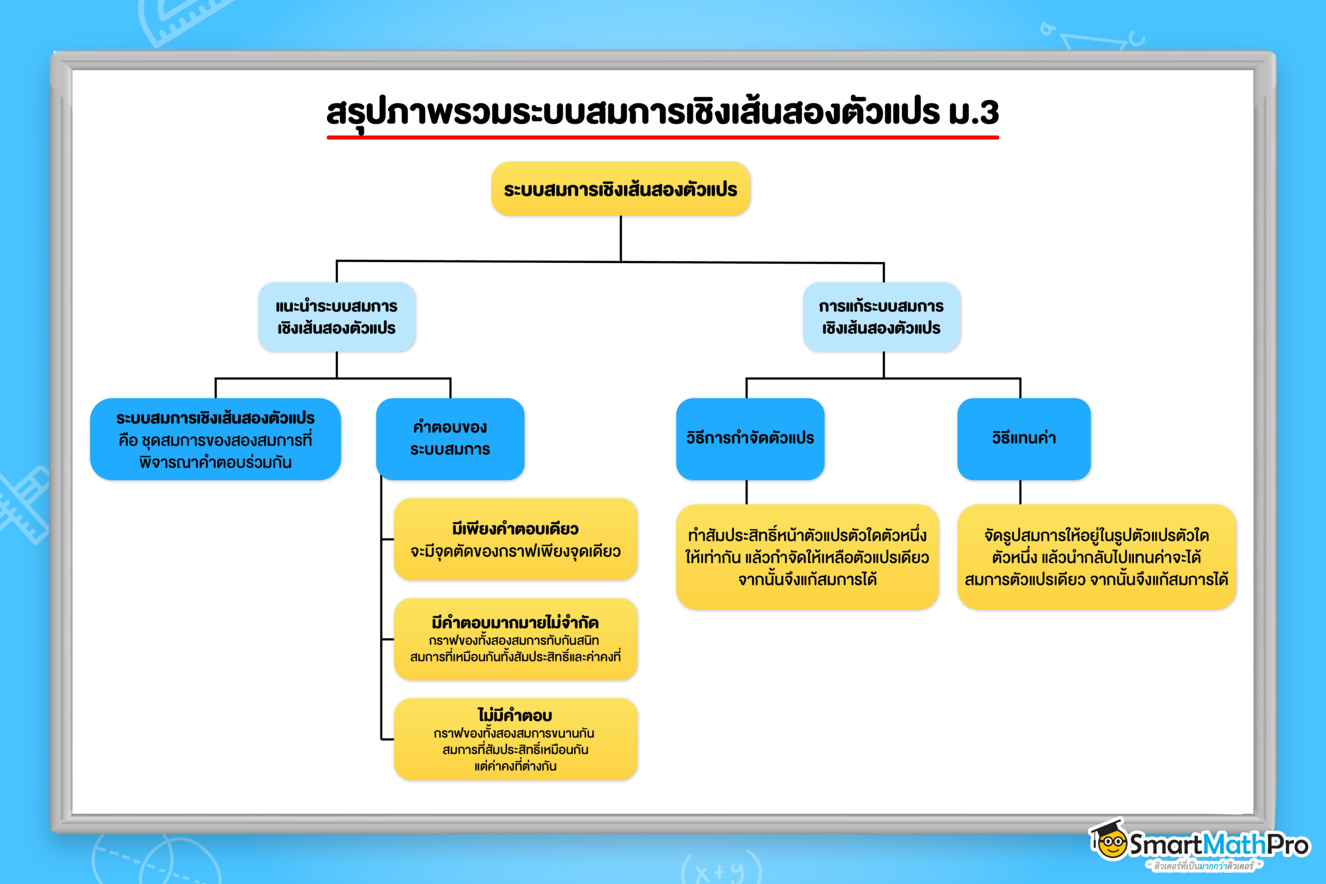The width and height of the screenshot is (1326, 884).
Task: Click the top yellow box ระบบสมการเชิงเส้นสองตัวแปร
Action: pyautogui.click(x=621, y=189)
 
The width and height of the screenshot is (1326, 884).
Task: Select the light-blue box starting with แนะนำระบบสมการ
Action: pyautogui.click(x=337, y=317)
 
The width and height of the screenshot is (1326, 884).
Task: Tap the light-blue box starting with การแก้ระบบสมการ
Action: pyautogui.click(x=881, y=317)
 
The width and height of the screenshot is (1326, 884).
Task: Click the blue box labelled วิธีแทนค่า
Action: pyautogui.click(x=1024, y=438)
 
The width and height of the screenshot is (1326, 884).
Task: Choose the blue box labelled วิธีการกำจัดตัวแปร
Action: pyautogui.click(x=750, y=438)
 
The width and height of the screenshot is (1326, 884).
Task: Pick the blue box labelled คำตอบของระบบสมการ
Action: pyautogui.click(x=450, y=438)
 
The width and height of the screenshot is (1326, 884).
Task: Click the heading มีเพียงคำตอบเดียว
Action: pyautogui.click(x=515, y=529)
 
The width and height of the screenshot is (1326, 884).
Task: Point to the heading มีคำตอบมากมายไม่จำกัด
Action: pyautogui.click(x=515, y=622)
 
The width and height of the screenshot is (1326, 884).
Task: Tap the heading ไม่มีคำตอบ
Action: pyautogui.click(x=515, y=715)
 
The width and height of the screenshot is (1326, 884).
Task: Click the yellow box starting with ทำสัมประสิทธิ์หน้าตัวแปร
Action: pyautogui.click(x=806, y=557)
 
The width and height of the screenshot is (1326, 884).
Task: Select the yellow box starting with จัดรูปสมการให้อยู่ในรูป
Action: pyautogui.click(x=1096, y=557)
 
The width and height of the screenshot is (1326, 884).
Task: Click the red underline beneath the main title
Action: pyautogui.click(x=662, y=137)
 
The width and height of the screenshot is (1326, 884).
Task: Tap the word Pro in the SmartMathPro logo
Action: pyautogui.click(x=1287, y=845)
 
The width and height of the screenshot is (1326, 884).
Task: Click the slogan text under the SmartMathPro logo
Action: pyautogui.click(x=1203, y=865)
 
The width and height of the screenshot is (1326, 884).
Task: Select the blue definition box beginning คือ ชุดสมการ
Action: pyautogui.click(x=215, y=439)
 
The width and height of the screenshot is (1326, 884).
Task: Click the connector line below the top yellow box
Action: pyautogui.click(x=621, y=238)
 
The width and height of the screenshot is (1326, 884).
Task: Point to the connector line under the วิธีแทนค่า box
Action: pyautogui.click(x=1020, y=492)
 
